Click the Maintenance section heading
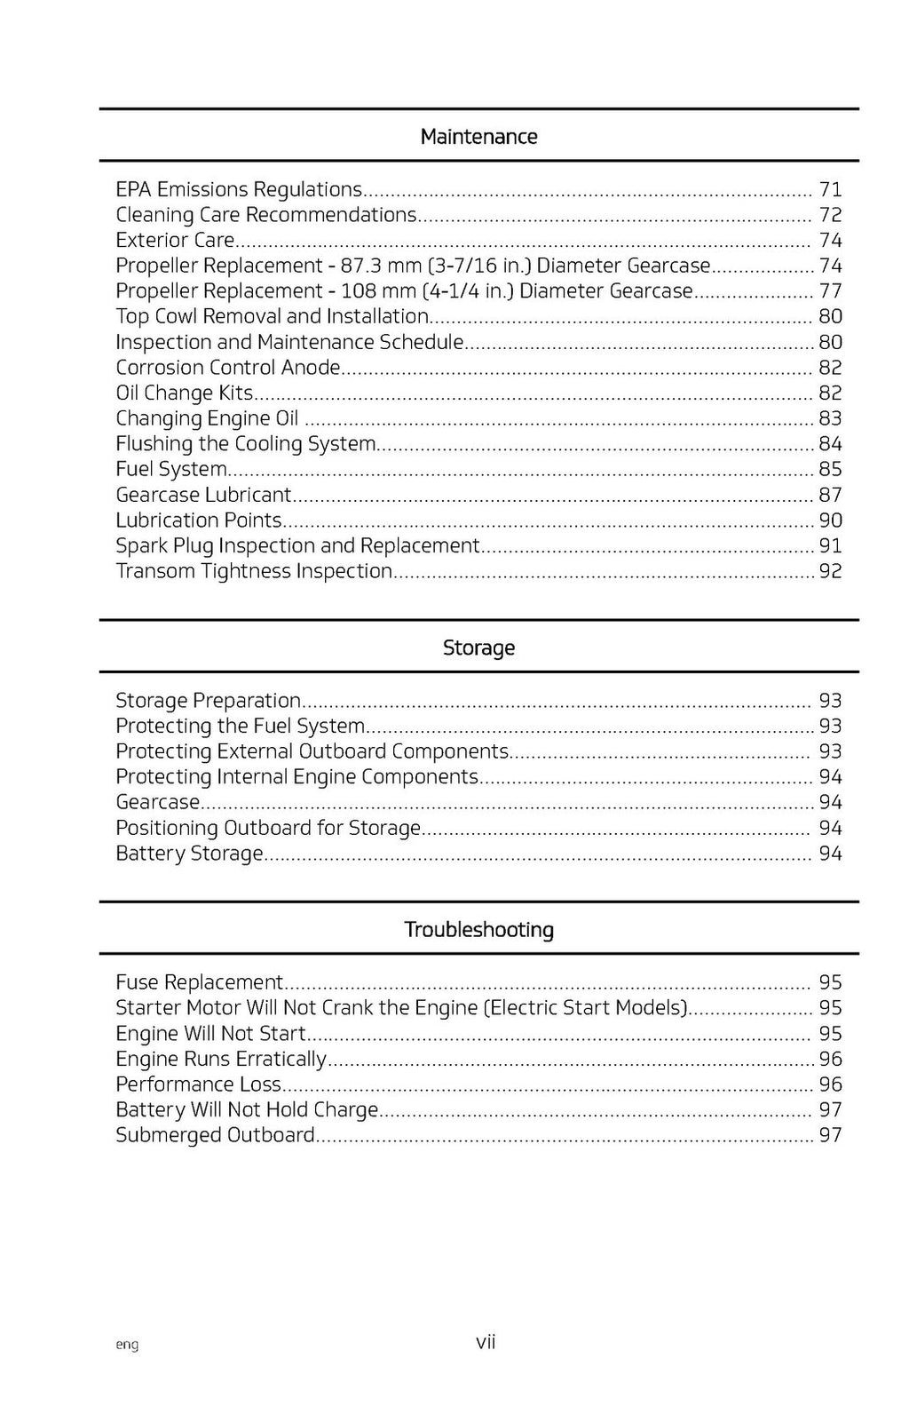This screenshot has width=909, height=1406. (x=478, y=137)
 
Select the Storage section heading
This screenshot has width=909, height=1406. (x=478, y=647)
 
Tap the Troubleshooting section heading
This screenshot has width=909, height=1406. (x=478, y=930)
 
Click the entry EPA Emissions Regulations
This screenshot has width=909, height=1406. (x=239, y=189)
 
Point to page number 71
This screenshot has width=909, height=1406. (x=830, y=189)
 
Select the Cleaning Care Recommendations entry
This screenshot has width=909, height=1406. (x=265, y=215)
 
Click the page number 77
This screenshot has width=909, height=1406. (x=830, y=291)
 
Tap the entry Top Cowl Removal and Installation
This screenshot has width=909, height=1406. (x=272, y=316)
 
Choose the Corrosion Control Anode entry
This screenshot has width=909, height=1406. (x=228, y=368)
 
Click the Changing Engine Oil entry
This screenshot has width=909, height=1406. (x=207, y=418)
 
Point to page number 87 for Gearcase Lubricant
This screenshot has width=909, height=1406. (x=830, y=495)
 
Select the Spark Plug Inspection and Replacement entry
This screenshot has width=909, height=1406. (x=297, y=545)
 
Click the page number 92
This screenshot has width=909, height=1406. (x=830, y=571)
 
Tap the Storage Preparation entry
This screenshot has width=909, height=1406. (x=208, y=701)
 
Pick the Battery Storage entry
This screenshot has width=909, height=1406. (x=189, y=854)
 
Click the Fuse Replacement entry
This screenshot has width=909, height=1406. (x=199, y=982)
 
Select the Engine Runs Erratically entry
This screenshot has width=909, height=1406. (x=221, y=1059)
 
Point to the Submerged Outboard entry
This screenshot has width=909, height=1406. (x=215, y=1135)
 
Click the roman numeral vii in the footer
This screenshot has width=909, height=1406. (x=486, y=1342)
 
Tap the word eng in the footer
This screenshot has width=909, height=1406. (x=127, y=1345)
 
